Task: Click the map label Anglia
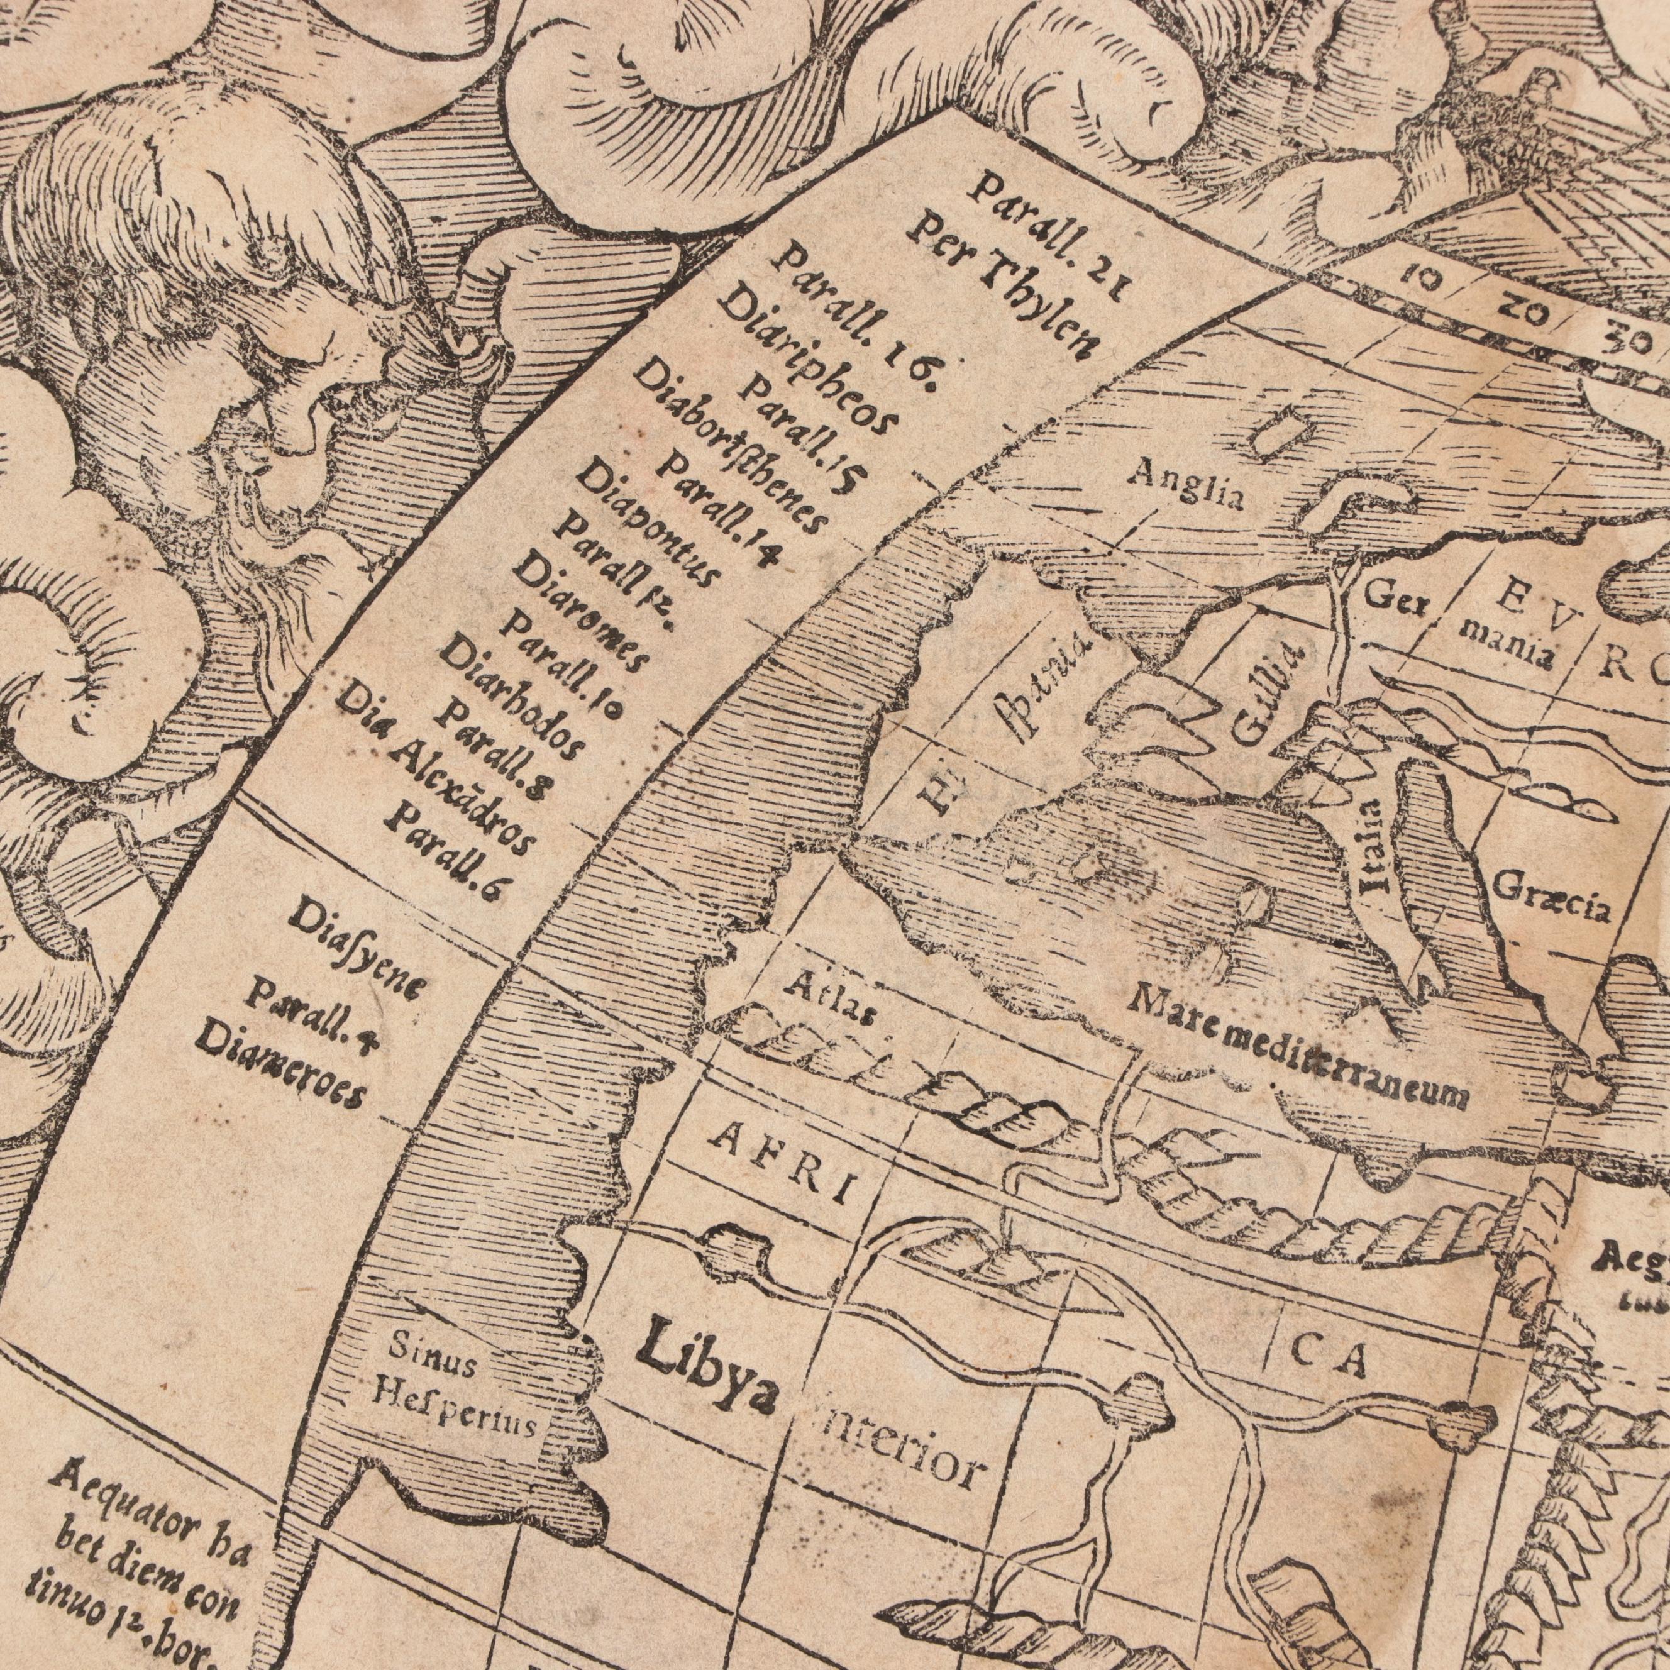1188,485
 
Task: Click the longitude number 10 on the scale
1421,279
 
